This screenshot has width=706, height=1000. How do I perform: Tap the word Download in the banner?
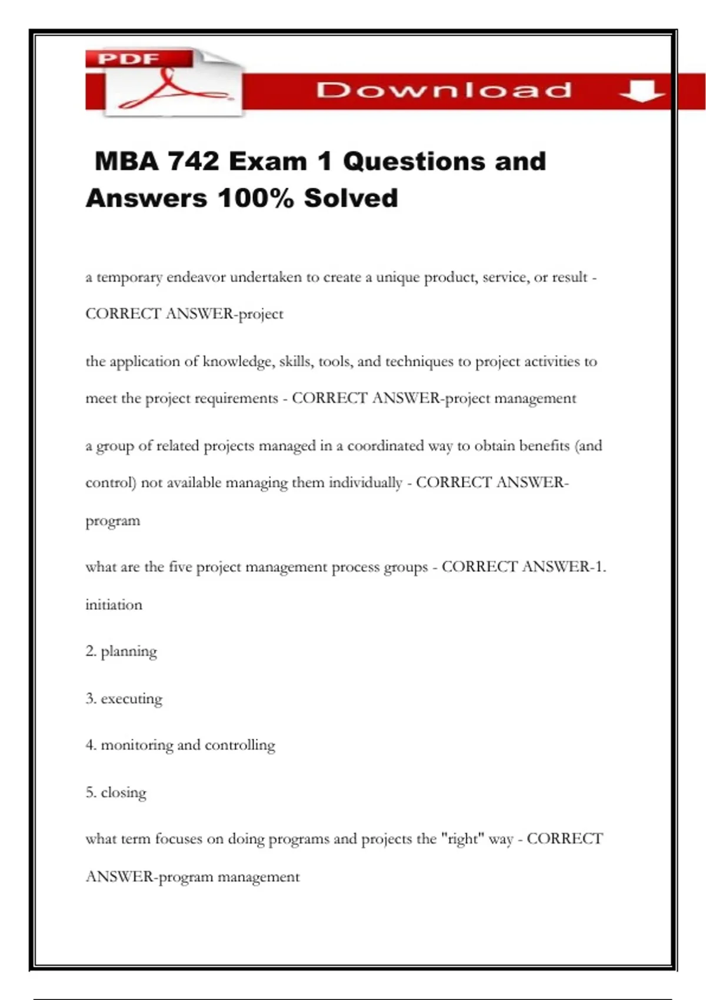pos(444,90)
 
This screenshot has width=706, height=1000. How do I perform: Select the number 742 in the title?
pos(194,161)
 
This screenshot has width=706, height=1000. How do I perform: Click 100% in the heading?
pos(255,198)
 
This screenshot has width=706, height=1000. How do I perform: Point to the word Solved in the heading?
pos(351,198)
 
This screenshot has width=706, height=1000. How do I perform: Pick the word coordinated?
pos(385,446)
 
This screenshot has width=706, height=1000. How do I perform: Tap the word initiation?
pos(114,605)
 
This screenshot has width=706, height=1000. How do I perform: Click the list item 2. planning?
pos(121,652)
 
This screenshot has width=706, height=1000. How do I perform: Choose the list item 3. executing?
pos(124,699)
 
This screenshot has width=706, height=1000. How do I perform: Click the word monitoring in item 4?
pos(136,745)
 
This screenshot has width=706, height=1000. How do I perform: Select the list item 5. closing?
pos(116,792)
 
